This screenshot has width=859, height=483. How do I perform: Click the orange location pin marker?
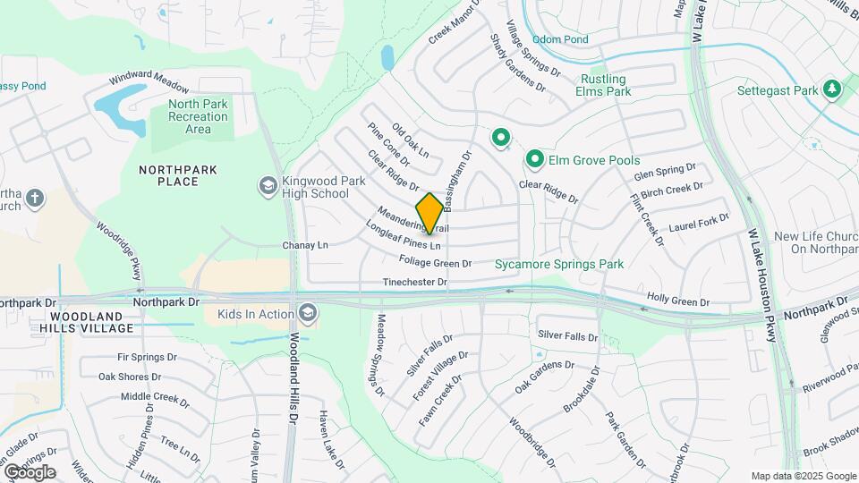(x=429, y=214)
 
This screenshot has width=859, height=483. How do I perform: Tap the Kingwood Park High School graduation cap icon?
(x=267, y=185)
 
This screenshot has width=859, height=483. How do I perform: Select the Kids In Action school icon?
(x=308, y=312)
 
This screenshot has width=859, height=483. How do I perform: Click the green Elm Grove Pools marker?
(x=535, y=160)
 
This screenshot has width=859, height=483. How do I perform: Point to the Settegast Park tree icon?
(x=832, y=89)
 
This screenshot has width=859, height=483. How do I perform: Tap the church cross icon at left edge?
(x=35, y=198)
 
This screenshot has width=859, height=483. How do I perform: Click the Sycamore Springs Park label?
(x=559, y=264)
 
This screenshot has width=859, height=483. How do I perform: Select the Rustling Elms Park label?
(x=603, y=85)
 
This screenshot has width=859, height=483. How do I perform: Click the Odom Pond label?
(x=560, y=39)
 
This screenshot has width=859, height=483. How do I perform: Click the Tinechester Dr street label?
(x=414, y=282)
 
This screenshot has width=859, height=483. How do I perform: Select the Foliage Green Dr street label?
(x=435, y=263)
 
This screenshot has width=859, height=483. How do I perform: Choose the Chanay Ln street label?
(x=305, y=244)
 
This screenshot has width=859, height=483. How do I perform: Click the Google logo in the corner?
(x=30, y=471)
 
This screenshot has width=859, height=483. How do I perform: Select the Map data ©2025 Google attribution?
(x=804, y=476)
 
